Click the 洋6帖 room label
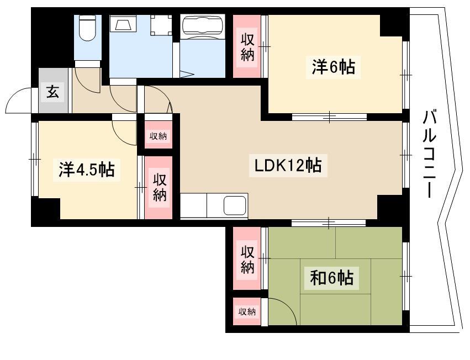point(333,67)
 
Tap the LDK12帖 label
point(288,166)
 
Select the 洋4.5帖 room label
point(87,170)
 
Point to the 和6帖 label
point(332,278)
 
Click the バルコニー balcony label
point(429,154)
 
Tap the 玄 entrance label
point(52,92)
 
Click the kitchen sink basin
point(235,205)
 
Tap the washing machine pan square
point(161,25)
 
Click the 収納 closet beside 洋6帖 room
point(247,46)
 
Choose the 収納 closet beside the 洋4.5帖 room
point(159,188)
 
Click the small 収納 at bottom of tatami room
point(247,312)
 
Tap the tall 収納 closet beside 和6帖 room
point(247,258)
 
